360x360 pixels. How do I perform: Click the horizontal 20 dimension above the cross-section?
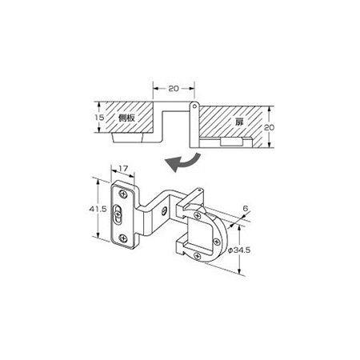174,89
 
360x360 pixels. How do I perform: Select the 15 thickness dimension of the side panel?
99,117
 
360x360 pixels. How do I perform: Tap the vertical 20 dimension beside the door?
269,127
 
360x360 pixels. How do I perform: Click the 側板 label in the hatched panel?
126,118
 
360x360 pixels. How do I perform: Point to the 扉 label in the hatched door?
239,122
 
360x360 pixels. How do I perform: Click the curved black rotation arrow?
184,162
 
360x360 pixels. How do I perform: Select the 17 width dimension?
123,169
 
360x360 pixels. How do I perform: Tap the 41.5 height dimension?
98,209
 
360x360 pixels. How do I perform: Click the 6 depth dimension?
246,208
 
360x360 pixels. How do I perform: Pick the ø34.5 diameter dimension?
239,250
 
